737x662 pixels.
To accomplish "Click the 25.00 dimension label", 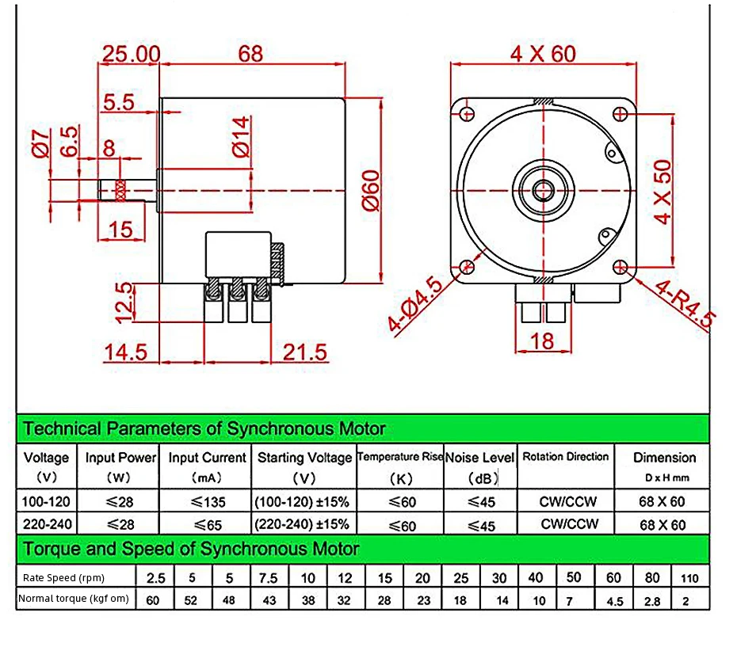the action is (x=131, y=54).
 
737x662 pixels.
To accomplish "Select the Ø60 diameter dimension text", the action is (x=371, y=190).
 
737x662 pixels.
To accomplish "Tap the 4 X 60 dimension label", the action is (x=543, y=54).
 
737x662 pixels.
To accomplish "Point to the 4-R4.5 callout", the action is (x=685, y=303).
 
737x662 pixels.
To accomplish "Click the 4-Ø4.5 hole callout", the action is (x=414, y=303).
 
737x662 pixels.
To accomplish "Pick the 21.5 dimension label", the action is (x=304, y=352).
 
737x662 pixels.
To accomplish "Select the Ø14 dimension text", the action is (x=241, y=137).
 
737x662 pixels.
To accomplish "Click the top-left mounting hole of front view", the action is (x=467, y=113).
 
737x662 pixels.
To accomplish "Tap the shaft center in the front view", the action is (x=544, y=191).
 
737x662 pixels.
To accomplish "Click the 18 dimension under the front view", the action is (x=542, y=341).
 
